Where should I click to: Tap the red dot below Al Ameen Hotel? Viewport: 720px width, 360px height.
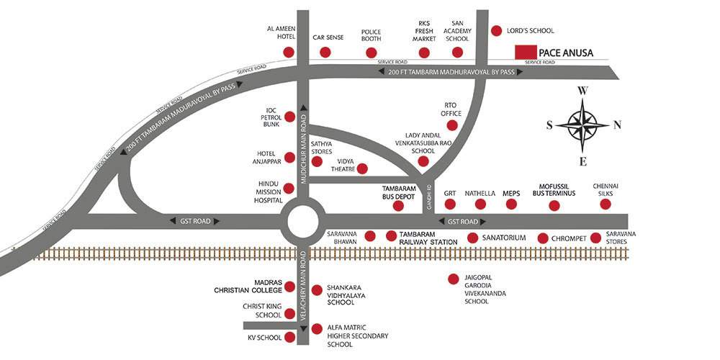click(x=289, y=53)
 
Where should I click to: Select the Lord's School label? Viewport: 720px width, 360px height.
click(x=532, y=31)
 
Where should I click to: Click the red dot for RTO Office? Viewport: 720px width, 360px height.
click(x=452, y=125)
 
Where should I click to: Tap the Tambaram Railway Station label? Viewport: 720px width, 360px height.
click(x=429, y=239)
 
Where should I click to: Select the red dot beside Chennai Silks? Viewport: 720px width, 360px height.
click(x=605, y=204)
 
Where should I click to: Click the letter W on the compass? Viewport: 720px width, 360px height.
click(x=583, y=91)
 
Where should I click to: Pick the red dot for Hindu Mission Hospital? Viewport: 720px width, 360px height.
click(x=289, y=189)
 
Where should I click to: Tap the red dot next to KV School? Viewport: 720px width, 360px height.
click(x=289, y=336)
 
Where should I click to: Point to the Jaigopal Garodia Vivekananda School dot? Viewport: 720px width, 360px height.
click(x=453, y=279)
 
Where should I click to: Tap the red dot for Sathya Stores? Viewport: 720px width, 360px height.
click(x=316, y=161)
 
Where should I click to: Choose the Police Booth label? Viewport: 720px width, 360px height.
click(x=372, y=36)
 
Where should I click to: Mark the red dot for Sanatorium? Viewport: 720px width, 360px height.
click(x=472, y=238)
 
